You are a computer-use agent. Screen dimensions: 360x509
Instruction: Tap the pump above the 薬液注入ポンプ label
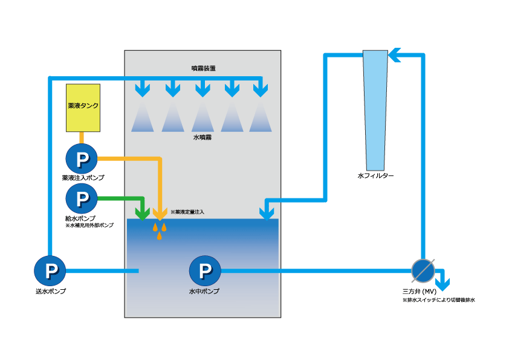[x=82, y=159]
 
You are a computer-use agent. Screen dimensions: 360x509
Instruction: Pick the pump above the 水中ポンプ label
[x=204, y=270]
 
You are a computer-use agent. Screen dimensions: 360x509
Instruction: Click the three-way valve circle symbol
[x=423, y=270]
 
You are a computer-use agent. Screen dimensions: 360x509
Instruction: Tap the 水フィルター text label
[x=375, y=176]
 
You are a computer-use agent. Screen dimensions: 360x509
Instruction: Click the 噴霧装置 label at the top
[x=203, y=68]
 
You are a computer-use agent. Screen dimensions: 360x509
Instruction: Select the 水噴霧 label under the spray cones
[x=202, y=138]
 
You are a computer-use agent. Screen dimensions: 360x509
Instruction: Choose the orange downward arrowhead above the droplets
[x=160, y=213]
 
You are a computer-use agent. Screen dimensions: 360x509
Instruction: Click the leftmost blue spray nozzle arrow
[x=143, y=90]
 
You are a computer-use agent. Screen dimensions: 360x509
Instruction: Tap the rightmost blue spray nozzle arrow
[x=260, y=90]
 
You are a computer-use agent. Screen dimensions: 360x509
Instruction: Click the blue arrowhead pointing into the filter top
[x=394, y=56]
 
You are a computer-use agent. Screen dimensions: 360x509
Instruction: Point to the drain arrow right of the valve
[x=444, y=281]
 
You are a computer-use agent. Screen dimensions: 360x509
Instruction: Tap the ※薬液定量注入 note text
[x=188, y=212]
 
